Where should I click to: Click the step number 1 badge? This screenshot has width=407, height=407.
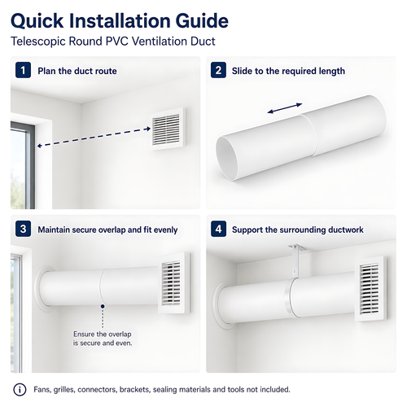point(23,70)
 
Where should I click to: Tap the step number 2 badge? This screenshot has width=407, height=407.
point(218,70)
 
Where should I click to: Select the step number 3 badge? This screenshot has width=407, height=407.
point(23,229)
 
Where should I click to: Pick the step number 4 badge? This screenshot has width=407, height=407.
point(218,229)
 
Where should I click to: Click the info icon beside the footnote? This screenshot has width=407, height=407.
point(20,390)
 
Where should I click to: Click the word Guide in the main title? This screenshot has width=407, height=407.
point(202,21)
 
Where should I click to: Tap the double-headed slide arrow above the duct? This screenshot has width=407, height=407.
point(285,108)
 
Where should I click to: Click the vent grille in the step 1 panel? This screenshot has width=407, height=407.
point(168,129)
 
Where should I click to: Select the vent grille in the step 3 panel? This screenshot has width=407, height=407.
point(173,283)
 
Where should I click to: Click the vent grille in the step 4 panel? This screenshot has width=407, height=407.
point(371,289)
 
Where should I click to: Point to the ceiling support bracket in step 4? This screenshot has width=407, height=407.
point(296,261)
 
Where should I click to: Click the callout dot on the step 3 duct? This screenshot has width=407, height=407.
point(103,306)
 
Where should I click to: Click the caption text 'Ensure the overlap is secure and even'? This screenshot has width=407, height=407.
point(103,339)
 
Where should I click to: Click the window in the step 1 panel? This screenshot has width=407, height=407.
point(23,165)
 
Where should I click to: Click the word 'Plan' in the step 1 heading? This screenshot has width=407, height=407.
point(47,71)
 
